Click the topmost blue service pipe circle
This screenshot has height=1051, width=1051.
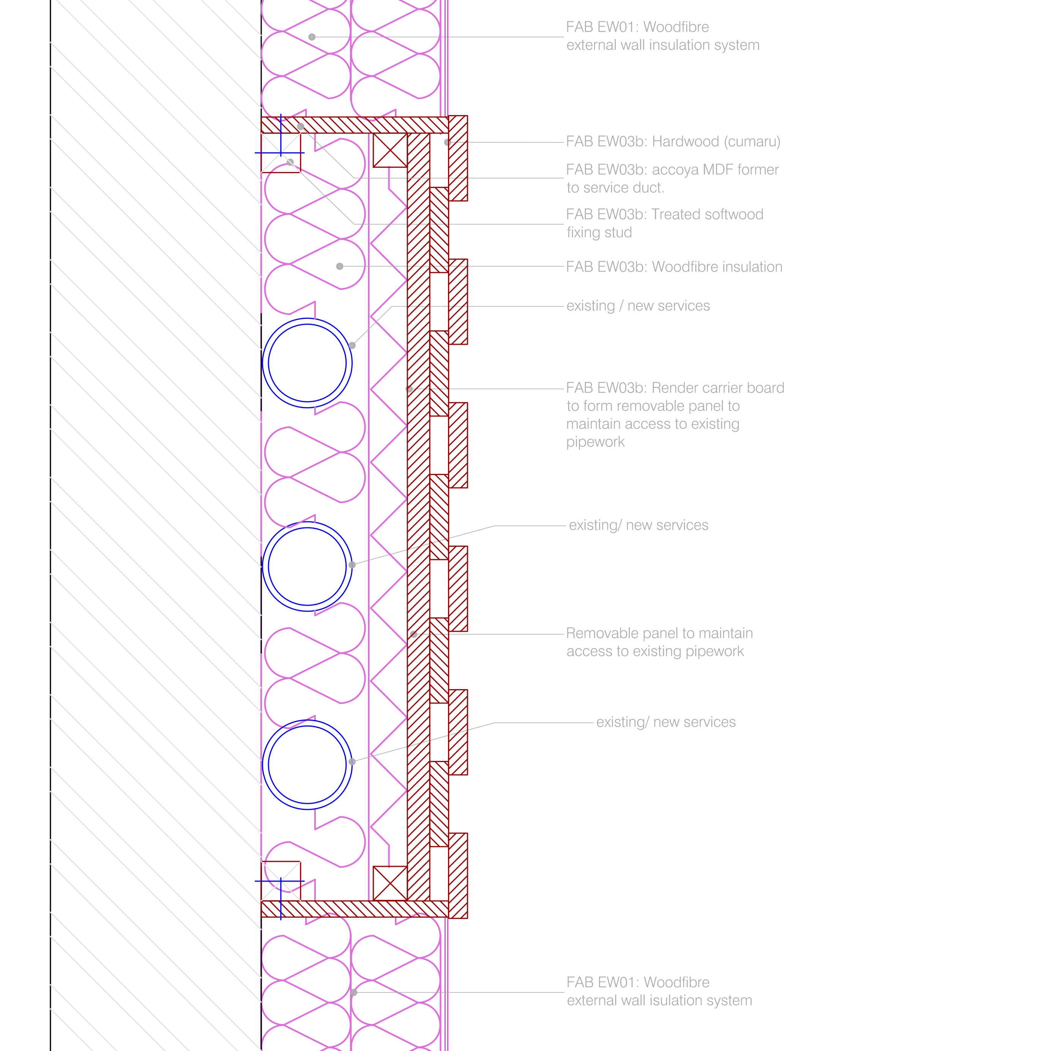click(307, 363)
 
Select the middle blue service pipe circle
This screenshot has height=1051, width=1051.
click(307, 566)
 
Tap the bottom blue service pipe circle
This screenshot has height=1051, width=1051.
click(307, 764)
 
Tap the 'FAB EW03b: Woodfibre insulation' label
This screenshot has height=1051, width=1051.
click(674, 267)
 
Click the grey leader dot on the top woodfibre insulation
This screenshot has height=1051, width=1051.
click(312, 37)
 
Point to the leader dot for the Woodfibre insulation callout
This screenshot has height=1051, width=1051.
click(339, 267)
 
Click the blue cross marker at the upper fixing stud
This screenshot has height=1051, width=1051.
click(281, 152)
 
